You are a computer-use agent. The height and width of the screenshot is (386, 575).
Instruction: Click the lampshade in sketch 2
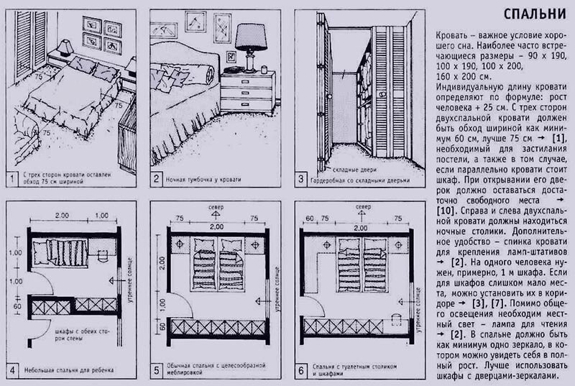[251, 34]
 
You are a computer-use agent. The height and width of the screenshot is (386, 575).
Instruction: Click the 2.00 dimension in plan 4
[60, 215]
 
